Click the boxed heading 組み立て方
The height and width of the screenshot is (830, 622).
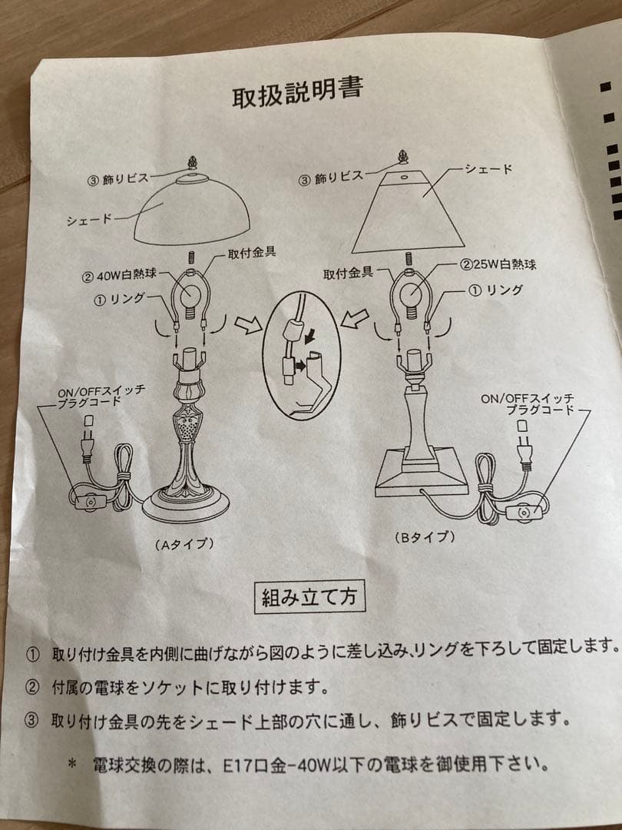click(x=309, y=596)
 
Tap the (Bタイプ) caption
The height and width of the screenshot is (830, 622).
click(x=425, y=536)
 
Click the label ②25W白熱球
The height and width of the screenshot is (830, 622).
click(x=498, y=265)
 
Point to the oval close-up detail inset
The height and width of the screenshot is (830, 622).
click(x=301, y=354)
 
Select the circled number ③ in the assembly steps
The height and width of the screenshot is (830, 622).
click(x=32, y=720)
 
